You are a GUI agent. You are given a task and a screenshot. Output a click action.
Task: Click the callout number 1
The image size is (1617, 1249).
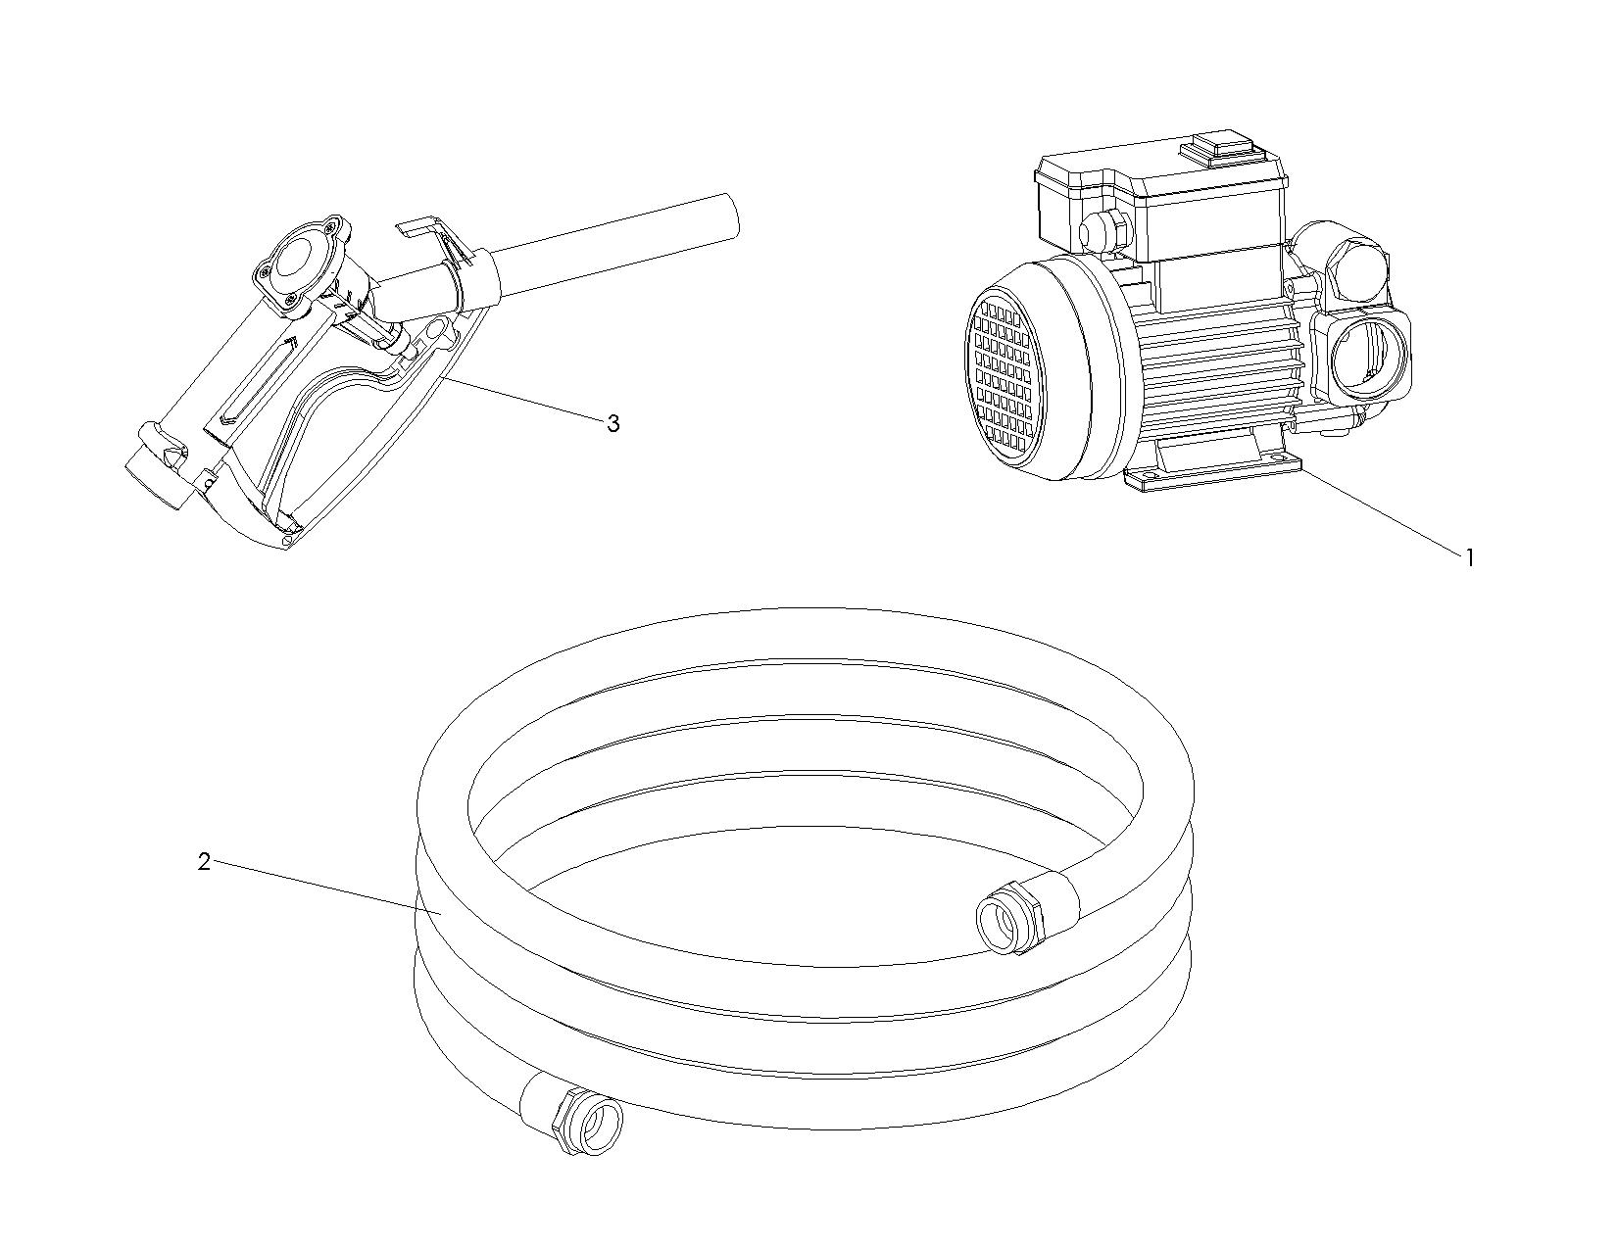pos(1470,558)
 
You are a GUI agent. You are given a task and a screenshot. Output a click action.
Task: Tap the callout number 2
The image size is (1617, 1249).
pos(205,862)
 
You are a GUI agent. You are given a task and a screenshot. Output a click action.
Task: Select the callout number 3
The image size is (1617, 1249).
pos(613,424)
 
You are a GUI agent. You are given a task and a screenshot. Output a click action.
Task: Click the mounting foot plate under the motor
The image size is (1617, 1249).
pos(1213,471)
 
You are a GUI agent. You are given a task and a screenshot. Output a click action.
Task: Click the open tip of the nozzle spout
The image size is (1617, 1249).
pos(729,216)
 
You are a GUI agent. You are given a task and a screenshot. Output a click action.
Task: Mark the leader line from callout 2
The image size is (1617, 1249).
pos(327,888)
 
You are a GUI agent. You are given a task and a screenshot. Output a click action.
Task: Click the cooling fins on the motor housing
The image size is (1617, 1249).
pos(1220,372)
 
